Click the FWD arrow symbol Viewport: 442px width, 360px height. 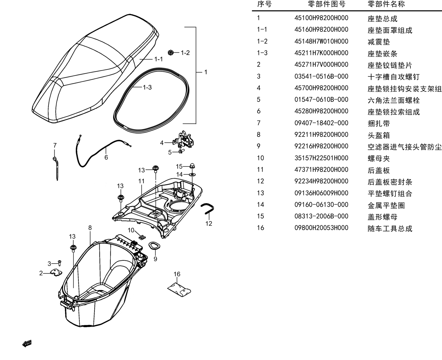27,343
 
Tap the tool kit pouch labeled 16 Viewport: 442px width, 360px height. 179,290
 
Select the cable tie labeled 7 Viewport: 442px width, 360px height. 56,168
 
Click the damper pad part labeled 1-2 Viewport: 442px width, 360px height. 171,52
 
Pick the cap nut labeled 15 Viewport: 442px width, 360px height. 192,166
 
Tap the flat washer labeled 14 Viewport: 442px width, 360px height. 192,174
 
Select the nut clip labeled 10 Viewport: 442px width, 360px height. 142,237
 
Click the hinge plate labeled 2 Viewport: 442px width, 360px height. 56,273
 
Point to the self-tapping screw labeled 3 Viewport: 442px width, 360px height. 59,263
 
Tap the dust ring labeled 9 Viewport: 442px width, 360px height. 154,246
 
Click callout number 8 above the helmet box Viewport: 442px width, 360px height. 90,228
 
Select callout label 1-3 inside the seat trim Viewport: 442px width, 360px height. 147,87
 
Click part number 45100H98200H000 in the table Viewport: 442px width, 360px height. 321,18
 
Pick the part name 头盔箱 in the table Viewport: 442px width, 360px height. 379,135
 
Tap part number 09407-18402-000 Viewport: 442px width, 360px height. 321,123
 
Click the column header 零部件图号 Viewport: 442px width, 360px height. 327,4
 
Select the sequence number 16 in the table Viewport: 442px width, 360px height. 260,228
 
